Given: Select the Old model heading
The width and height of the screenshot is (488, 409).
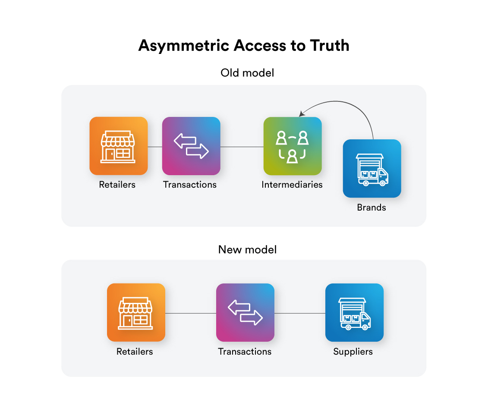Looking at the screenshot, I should tap(247, 73).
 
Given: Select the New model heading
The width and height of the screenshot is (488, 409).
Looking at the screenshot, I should tap(247, 249).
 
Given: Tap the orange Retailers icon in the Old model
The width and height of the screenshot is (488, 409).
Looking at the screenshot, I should tap(118, 146).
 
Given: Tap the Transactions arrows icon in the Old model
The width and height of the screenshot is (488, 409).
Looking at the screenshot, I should tap(191, 146).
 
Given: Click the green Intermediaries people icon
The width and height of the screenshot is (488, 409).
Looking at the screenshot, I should tap(293, 146).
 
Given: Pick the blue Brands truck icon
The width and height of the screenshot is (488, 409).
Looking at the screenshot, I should tap(372, 168).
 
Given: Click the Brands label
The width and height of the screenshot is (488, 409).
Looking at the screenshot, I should tap(372, 208).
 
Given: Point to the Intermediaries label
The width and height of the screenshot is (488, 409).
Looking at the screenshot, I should tap(292, 185).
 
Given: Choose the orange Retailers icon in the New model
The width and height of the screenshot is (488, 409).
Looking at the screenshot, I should tap(136, 312).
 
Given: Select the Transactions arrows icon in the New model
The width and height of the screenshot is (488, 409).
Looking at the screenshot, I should tap(245, 312).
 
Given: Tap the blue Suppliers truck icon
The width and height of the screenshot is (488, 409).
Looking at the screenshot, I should tap(354, 312).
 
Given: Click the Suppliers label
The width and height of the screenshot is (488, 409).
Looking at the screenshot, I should tap(353, 352).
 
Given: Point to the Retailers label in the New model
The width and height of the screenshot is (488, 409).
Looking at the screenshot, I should tap(135, 352).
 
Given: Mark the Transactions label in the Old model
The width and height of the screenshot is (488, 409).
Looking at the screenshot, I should tap(190, 185).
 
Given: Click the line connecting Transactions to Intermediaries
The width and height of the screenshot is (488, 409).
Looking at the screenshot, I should tap(242, 147).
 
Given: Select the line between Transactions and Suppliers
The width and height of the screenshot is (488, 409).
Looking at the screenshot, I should tap(299, 313).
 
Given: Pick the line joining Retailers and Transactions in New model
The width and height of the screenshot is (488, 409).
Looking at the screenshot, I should tap(190, 313).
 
